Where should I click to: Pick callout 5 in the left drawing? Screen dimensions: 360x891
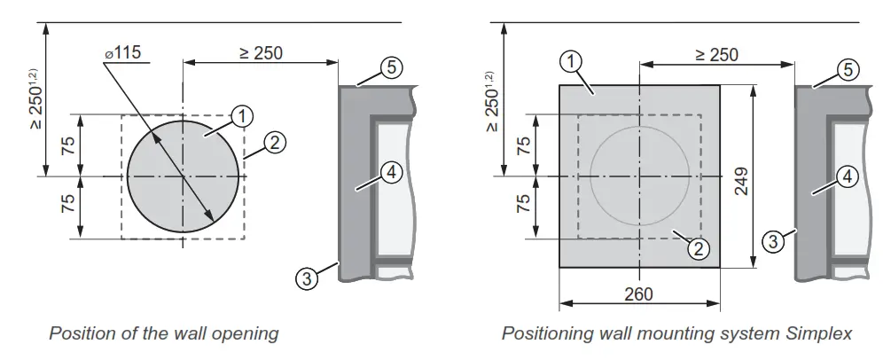click(393, 67)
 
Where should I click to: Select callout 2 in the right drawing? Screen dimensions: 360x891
click(700, 249)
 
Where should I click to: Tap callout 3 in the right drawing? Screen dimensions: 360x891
click(773, 239)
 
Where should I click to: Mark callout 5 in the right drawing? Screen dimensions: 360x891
click(848, 68)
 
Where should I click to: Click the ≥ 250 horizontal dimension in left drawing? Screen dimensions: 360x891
click(261, 53)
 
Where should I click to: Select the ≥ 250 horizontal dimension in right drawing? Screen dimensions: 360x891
click(716, 55)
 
